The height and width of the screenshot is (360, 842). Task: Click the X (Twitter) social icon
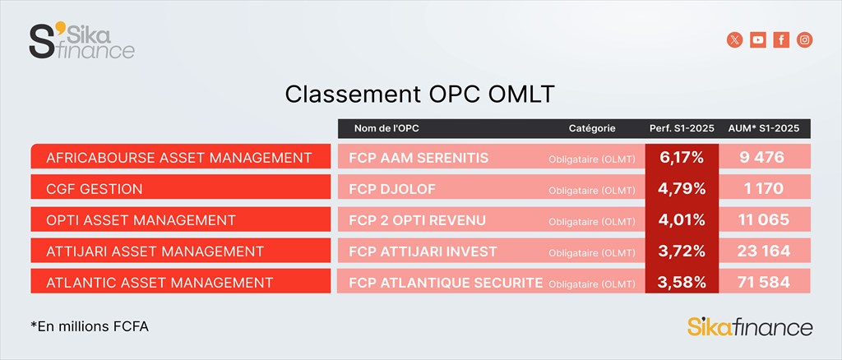(734, 39)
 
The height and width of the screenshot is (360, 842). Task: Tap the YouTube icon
(758, 39)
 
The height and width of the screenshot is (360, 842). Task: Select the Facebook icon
(781, 39)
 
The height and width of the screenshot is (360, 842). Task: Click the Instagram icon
(804, 39)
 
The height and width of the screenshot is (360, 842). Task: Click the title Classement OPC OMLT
(419, 95)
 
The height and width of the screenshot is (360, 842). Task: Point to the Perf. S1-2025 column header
(682, 129)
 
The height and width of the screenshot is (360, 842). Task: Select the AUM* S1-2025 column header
(764, 129)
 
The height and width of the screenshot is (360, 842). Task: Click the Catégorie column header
(592, 129)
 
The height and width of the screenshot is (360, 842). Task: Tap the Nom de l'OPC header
(386, 129)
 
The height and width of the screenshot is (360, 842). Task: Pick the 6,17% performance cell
(682, 158)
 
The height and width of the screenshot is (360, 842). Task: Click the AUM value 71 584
(764, 282)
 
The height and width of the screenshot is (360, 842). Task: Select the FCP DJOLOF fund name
(392, 189)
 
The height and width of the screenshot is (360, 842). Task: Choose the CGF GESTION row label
(95, 189)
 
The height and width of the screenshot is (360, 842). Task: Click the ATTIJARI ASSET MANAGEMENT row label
(155, 251)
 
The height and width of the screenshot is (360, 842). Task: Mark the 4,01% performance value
(682, 220)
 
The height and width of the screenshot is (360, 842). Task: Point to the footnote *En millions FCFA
(90, 326)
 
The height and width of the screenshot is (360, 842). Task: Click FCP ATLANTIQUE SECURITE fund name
(446, 282)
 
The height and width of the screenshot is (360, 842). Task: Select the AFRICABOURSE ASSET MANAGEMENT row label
(178, 158)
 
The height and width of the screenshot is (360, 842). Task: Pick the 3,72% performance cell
(682, 251)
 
